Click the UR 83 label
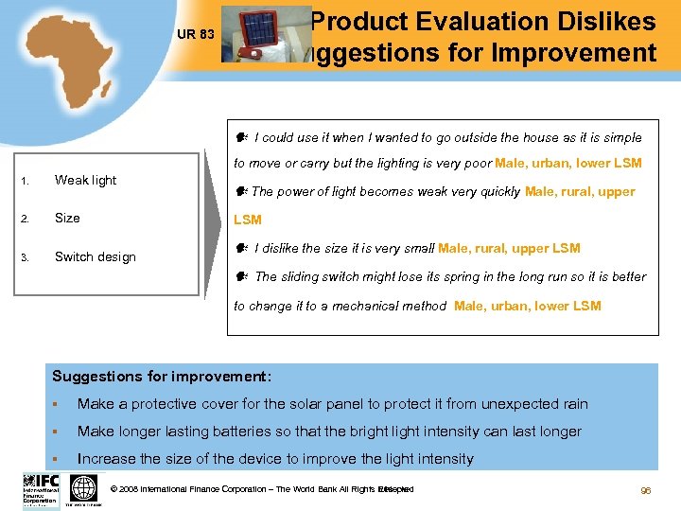196,35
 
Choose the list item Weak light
86,180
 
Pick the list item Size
67,218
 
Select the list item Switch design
95,256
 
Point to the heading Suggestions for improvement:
162,377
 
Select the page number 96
646,491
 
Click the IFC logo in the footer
42,488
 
